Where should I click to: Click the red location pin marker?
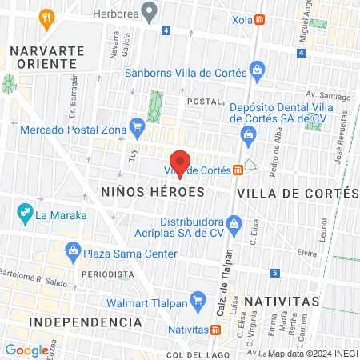click(180, 162)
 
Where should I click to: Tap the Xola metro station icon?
click(259, 21)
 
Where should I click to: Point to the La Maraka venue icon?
click(23, 214)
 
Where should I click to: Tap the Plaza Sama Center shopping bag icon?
click(74, 254)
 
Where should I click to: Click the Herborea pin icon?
click(148, 11)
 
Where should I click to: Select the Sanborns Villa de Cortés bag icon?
click(256, 73)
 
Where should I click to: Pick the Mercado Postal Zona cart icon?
click(137, 125)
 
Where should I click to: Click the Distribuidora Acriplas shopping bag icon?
click(234, 222)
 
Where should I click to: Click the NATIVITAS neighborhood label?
click(282, 301)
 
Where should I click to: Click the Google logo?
click(26, 350)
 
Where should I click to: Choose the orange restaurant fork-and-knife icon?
click(48, 18)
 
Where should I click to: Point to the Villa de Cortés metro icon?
click(238, 170)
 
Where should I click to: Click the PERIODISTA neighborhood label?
click(106, 274)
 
